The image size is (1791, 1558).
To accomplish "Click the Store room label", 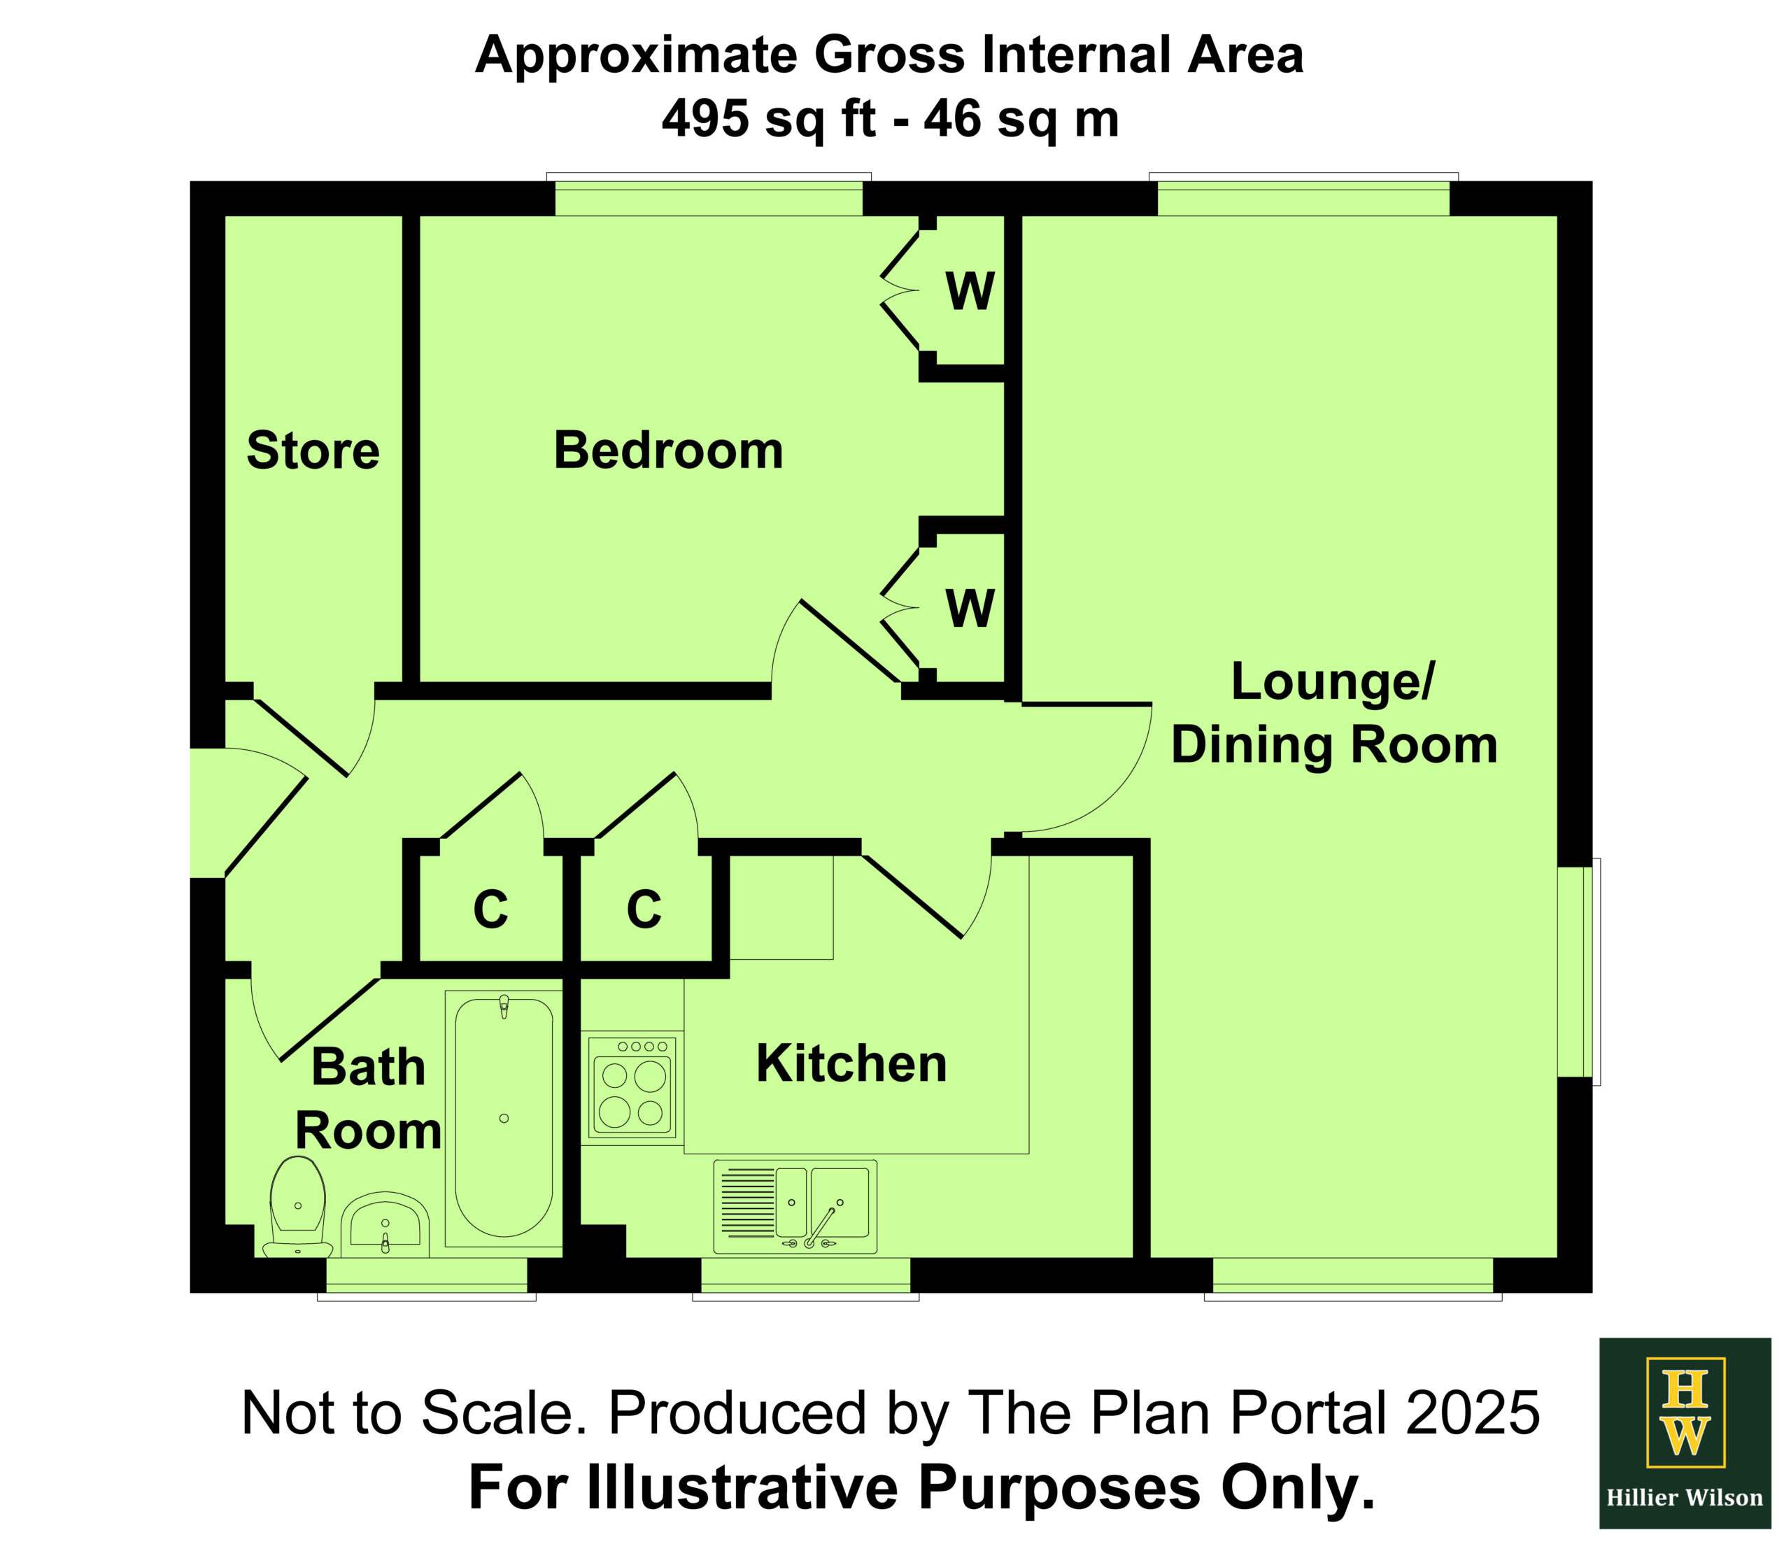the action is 313,451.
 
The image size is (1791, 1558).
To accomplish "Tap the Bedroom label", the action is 669,451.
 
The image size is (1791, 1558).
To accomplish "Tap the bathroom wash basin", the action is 384,1225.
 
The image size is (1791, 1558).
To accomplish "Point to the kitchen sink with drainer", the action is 795,1207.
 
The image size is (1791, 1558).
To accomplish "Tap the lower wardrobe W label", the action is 970,609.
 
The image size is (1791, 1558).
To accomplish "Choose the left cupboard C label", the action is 490,909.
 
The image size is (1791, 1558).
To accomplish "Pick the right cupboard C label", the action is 644,909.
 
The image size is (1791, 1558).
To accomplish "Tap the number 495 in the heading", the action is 705,118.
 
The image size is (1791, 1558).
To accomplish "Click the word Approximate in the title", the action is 635,56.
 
